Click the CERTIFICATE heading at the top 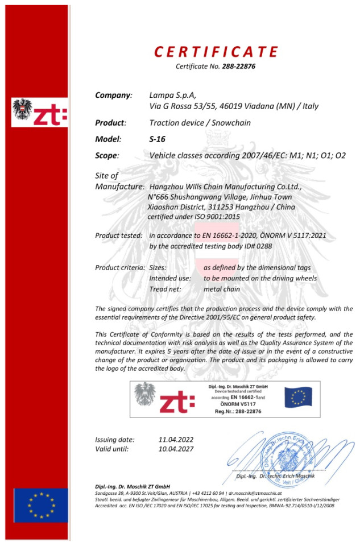point(216,52)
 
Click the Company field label point(113,94)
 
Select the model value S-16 point(158,139)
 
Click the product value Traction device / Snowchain point(200,122)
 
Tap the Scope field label point(107,155)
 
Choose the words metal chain point(222,289)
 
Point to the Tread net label point(165,289)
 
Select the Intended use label point(169,278)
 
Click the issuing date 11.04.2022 point(176,439)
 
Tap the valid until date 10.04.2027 point(176,449)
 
